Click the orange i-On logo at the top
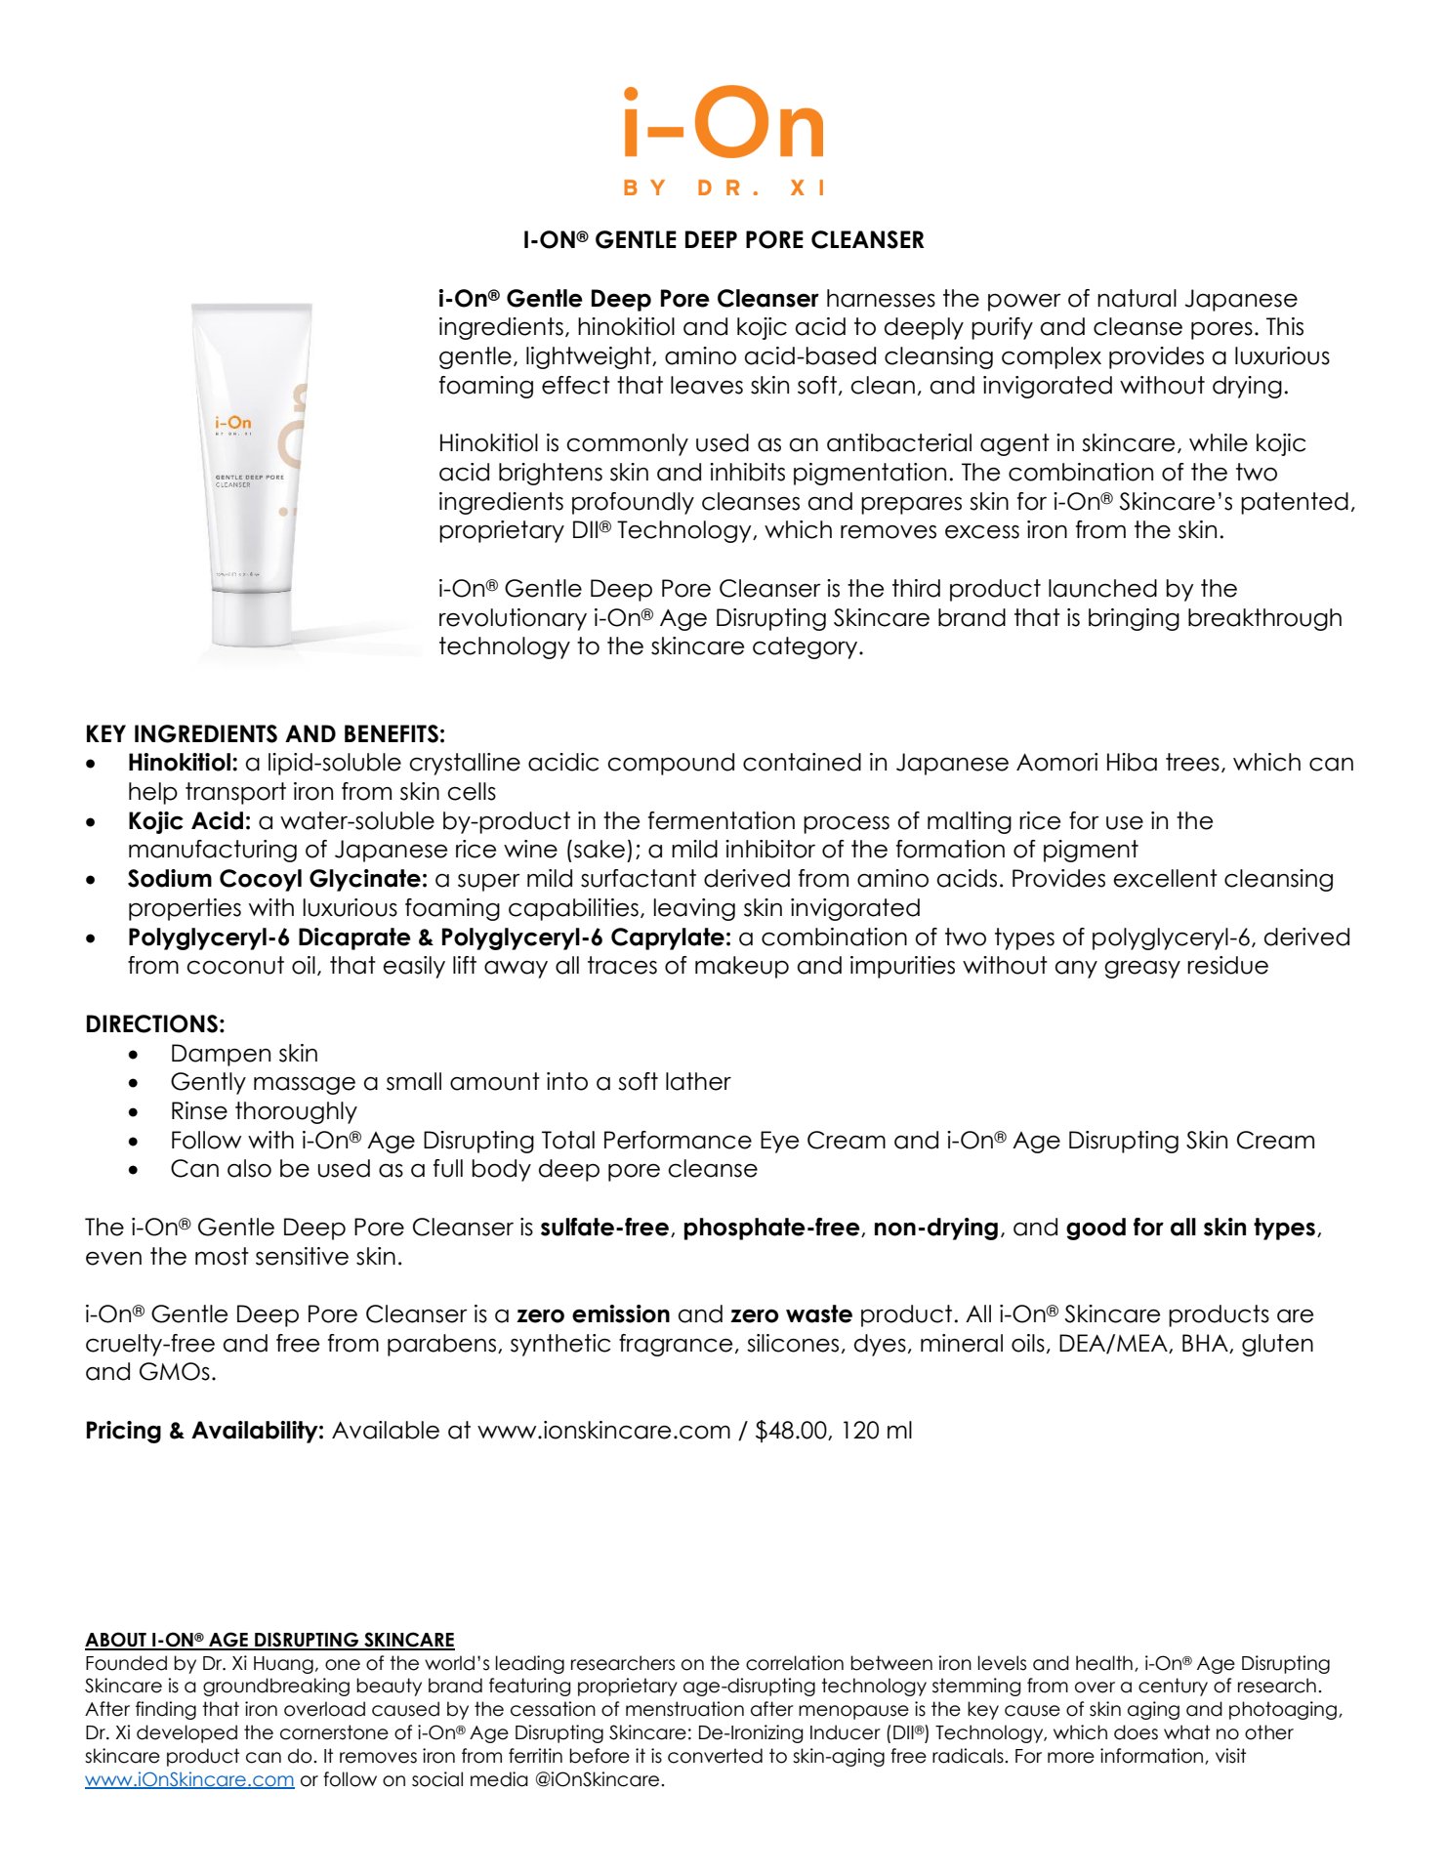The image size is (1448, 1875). (724, 124)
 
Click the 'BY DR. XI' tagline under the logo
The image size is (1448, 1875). (724, 187)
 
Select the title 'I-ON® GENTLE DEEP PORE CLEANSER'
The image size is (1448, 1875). (724, 240)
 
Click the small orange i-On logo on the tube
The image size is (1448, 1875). (233, 423)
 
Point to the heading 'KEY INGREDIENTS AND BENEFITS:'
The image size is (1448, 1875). (265, 734)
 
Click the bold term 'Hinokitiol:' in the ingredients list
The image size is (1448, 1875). (183, 763)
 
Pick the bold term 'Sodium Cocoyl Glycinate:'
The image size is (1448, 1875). (277, 879)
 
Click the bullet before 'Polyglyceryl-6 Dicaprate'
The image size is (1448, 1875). (92, 938)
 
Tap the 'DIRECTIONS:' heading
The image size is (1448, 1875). (155, 1024)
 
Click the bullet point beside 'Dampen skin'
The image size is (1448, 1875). (134, 1055)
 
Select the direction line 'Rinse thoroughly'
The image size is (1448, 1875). (264, 1111)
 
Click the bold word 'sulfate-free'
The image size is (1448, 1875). (604, 1228)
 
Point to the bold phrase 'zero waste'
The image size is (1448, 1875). (791, 1314)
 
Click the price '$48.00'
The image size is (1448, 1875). (790, 1431)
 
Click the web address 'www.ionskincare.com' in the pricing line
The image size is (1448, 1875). (603, 1431)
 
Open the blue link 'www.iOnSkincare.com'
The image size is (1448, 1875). (189, 1779)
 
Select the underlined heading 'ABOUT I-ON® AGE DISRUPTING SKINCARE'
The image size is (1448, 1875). (269, 1640)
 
